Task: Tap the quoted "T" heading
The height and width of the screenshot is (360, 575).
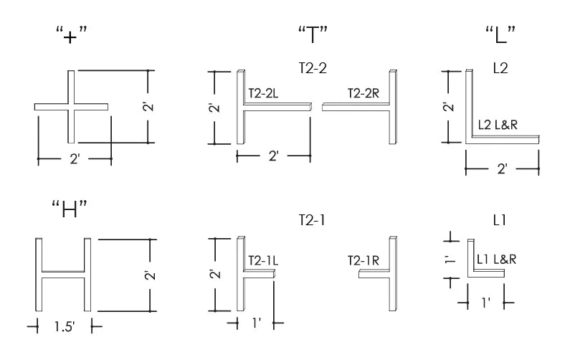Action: tap(313, 33)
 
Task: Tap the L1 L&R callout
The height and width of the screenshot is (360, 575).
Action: tap(496, 257)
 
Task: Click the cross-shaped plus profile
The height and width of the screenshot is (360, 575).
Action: tap(72, 107)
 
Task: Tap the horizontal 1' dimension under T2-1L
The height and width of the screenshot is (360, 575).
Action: tap(255, 323)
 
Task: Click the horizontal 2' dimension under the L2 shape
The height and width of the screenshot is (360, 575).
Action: tap(502, 169)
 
